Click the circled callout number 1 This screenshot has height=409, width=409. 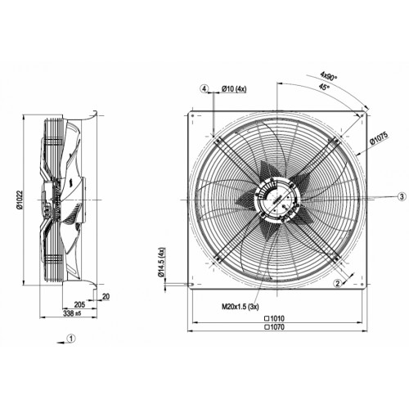71,339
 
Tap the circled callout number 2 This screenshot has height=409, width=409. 338,284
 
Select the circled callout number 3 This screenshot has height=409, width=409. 402,196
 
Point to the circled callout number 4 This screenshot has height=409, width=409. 204,88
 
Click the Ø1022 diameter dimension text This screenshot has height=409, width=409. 20,200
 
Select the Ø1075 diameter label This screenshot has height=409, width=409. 379,138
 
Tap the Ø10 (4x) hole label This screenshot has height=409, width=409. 234,89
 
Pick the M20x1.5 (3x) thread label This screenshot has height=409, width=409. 240,307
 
